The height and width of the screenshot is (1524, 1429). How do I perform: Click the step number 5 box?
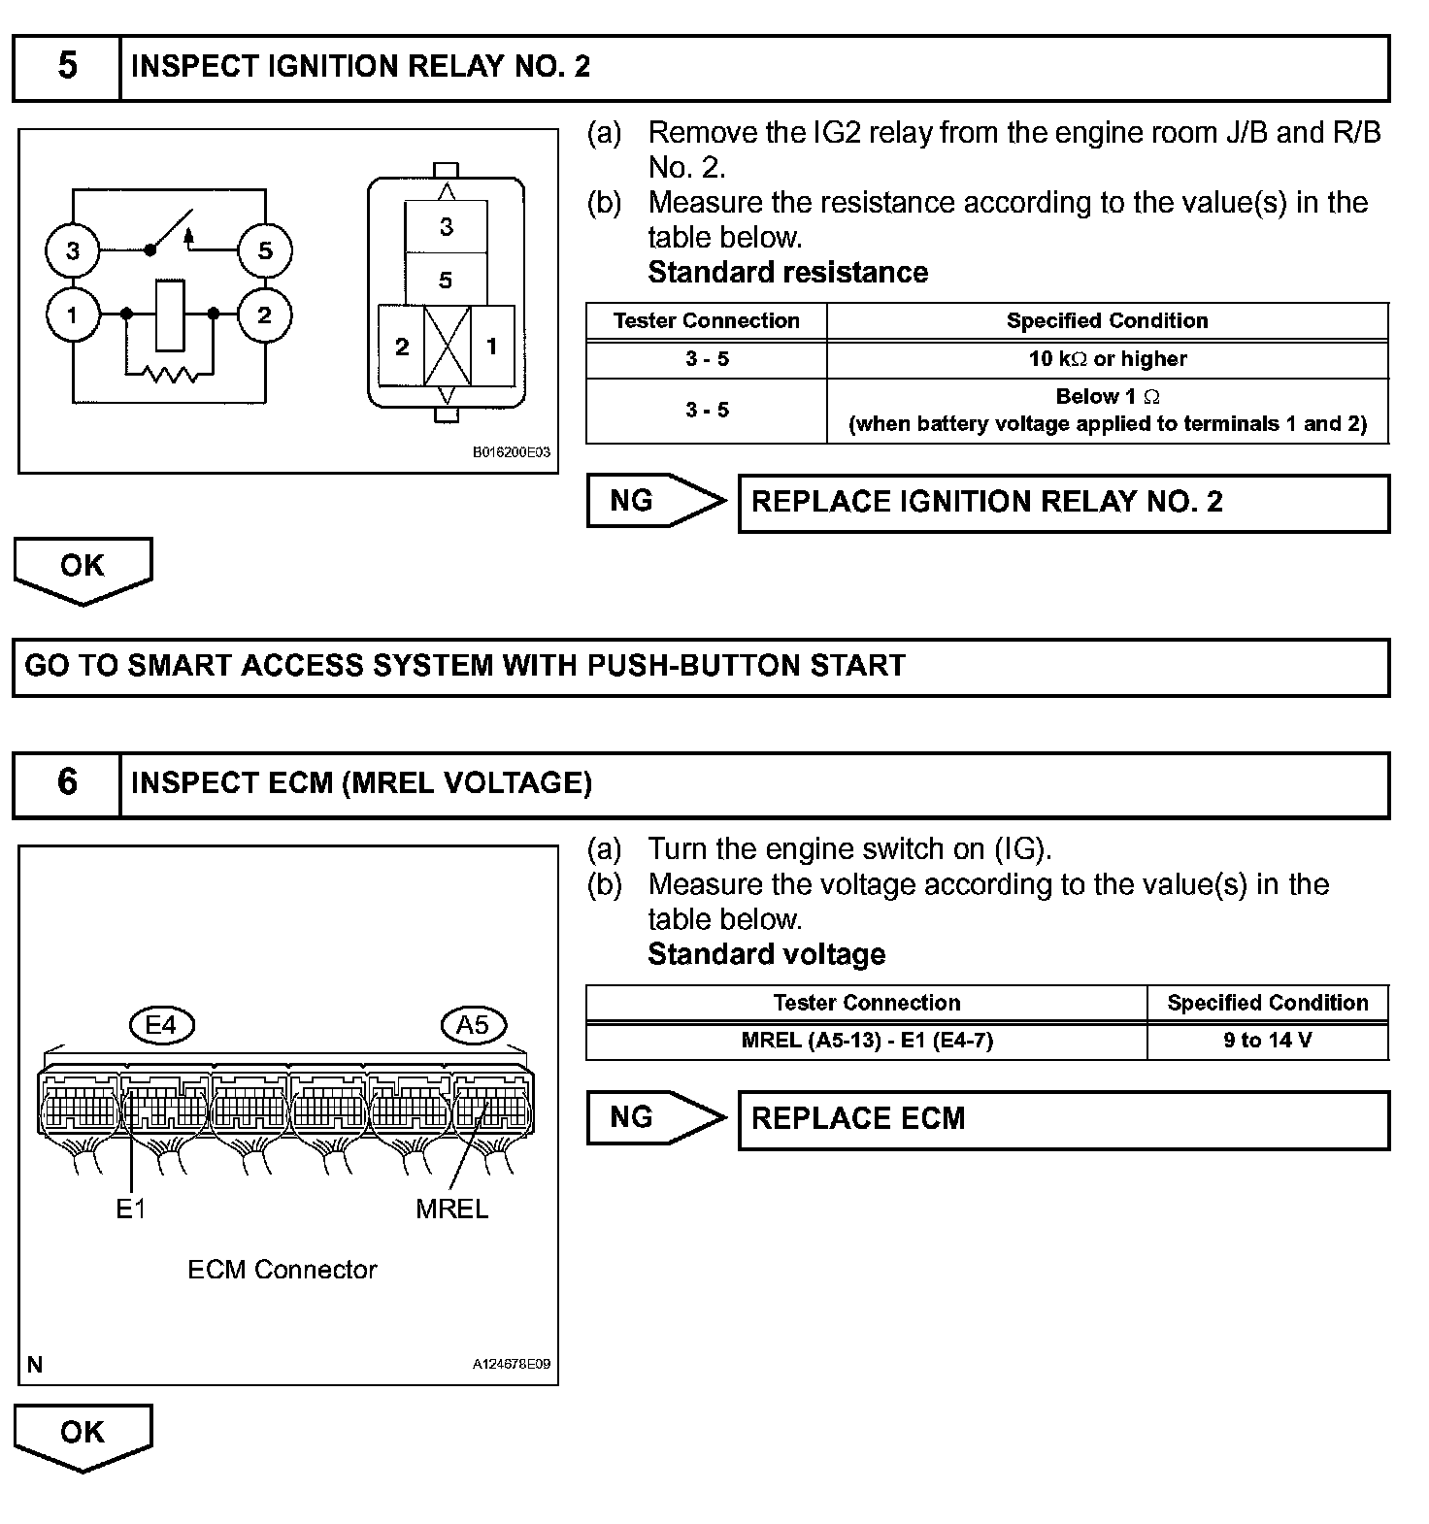click(67, 67)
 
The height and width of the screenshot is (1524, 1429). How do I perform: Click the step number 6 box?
click(67, 783)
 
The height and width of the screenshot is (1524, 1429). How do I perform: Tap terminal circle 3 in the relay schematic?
click(73, 250)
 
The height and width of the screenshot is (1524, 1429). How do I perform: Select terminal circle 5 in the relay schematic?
click(265, 250)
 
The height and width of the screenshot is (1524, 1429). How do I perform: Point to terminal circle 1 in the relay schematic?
click(73, 315)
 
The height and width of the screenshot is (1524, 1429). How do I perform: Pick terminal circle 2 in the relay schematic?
click(264, 315)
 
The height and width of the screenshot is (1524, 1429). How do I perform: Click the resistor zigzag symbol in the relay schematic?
click(171, 374)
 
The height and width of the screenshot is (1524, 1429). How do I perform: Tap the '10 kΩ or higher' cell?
click(1107, 359)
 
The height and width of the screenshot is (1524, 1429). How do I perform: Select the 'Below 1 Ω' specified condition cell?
click(1107, 410)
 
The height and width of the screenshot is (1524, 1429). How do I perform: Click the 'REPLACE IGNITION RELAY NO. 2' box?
click(1063, 503)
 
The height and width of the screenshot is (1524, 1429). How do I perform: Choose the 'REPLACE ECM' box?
click(1063, 1119)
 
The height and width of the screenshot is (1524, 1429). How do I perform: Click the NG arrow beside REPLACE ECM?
click(655, 1118)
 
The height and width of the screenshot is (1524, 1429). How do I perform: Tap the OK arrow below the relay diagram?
click(83, 569)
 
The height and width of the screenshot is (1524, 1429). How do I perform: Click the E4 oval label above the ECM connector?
click(161, 1025)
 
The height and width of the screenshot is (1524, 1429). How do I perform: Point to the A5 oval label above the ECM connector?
click(473, 1025)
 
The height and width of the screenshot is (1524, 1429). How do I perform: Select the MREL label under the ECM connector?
click(451, 1209)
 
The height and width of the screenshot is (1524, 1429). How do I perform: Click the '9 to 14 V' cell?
click(1267, 1041)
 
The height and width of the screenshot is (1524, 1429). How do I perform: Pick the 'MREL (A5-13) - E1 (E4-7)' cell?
click(866, 1041)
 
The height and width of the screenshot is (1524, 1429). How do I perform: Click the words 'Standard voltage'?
click(766, 954)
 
